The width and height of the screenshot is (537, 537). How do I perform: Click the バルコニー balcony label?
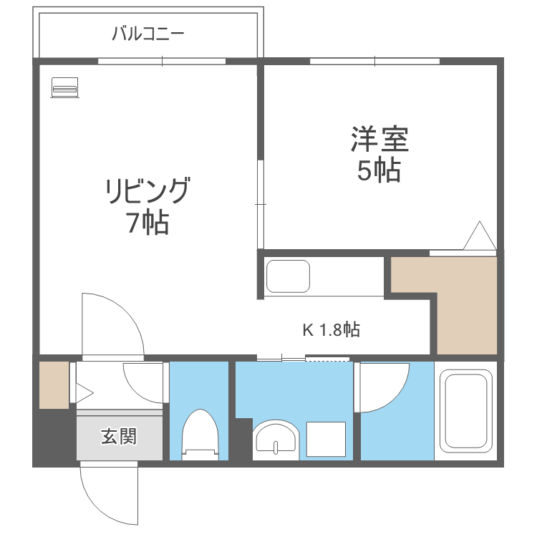[148, 34]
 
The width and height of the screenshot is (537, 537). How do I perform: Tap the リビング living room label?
[148, 192]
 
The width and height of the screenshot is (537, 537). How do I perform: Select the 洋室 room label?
[379, 140]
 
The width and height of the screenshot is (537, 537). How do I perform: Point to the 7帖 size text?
[147, 224]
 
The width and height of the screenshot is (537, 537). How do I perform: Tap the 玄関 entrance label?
[118, 435]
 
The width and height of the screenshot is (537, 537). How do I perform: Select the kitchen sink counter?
[288, 276]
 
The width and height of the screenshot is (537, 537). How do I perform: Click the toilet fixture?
[199, 434]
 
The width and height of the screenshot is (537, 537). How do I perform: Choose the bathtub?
[465, 411]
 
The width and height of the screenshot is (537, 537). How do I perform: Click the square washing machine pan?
[326, 438]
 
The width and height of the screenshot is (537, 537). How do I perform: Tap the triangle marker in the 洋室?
[478, 236]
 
